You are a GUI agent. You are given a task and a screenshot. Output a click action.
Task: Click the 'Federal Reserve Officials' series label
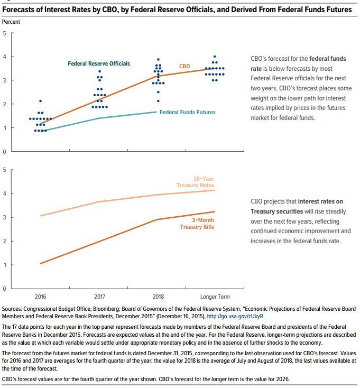point(99,63)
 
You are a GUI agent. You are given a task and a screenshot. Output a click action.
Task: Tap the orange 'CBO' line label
point(184,66)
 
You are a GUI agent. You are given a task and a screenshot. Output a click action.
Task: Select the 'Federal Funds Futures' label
point(188,112)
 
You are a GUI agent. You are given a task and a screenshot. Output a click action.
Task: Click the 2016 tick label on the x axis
point(40,297)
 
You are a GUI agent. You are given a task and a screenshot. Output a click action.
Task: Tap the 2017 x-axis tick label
point(99,297)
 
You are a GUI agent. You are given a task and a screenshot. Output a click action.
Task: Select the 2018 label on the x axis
point(158,297)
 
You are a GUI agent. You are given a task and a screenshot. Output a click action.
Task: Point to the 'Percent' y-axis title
point(11,22)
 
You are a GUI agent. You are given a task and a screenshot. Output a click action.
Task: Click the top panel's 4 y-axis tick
point(5,57)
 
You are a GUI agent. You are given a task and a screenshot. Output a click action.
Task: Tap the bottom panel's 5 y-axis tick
point(5,170)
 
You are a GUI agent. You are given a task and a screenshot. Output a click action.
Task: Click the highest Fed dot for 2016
point(41,101)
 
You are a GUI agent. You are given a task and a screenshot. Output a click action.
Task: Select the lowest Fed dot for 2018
point(158,101)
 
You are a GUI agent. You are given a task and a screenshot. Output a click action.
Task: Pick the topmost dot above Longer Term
point(214,57)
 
